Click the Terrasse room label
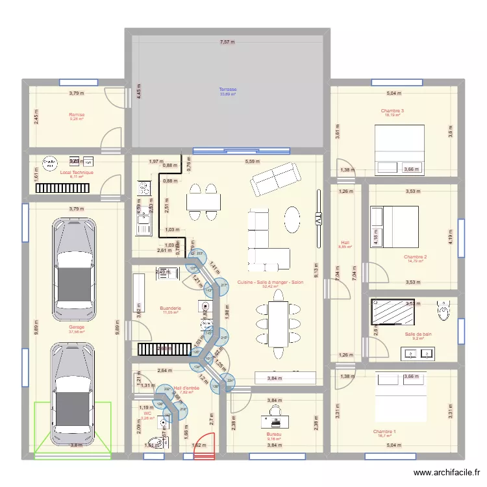tap(227, 90)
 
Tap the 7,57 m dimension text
tap(227, 42)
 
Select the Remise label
tap(77, 115)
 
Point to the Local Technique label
tap(77, 173)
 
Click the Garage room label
tap(77, 327)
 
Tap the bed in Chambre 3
tap(400, 149)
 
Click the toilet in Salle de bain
tap(444, 311)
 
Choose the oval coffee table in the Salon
tap(293, 219)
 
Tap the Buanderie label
tap(170, 308)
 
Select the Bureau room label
tap(274, 434)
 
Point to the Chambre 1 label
tap(384, 431)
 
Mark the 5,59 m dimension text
tap(253, 161)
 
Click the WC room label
tap(147, 413)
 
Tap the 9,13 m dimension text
tap(316, 269)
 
